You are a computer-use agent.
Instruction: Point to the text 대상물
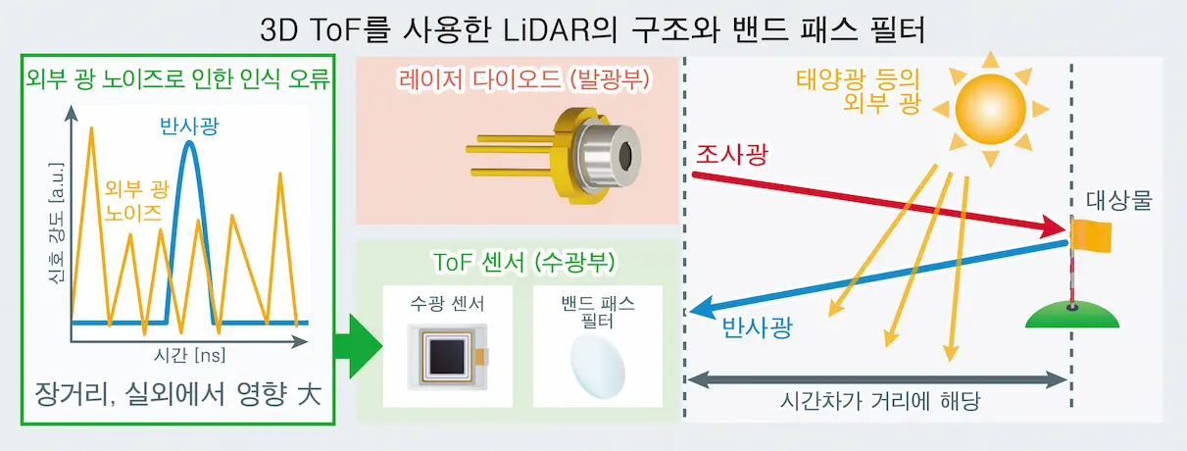[x=1119, y=203]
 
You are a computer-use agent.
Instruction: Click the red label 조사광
[x=732, y=154]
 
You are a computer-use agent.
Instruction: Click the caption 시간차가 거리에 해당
[x=878, y=403]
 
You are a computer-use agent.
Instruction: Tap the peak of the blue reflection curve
[x=189, y=144]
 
